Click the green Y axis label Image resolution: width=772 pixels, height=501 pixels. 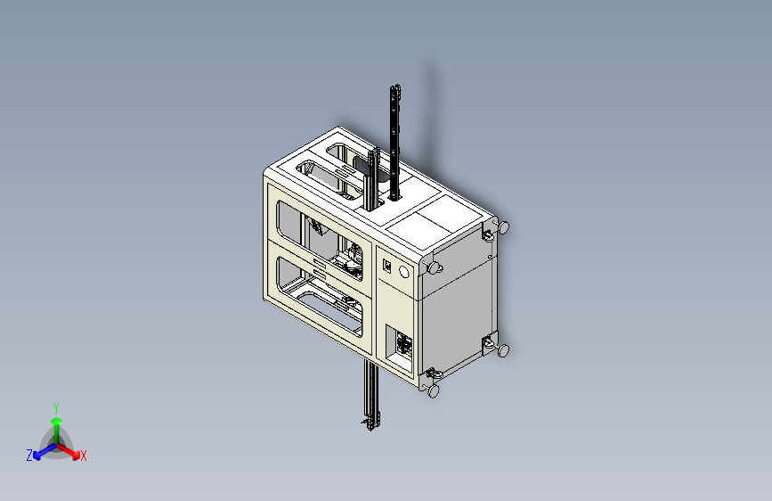pos(56,408)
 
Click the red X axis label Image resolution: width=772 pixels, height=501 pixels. pos(83,456)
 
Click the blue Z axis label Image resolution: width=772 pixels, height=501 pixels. pos(29,456)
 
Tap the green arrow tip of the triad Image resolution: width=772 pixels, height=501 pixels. pos(57,422)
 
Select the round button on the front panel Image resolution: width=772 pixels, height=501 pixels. pos(403,272)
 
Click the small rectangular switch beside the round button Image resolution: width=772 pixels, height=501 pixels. pos(387,266)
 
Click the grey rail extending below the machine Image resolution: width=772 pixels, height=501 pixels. pos(371,395)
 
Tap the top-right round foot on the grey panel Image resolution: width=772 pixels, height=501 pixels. pos(503,227)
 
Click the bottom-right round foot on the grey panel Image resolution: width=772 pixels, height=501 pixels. pos(503,350)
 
